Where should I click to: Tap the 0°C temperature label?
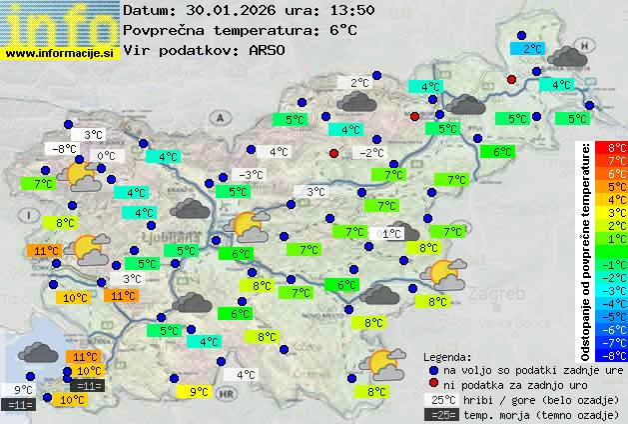106,156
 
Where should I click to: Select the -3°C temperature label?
251,175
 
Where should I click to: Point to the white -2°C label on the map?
372,153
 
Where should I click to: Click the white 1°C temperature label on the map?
391,233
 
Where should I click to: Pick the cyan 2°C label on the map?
532,48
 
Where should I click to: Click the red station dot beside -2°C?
334,153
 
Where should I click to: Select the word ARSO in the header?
270,50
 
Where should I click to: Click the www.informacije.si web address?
60,53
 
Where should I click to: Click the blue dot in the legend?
433,369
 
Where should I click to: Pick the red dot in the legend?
433,383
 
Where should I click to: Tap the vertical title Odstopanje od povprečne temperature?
587,250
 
